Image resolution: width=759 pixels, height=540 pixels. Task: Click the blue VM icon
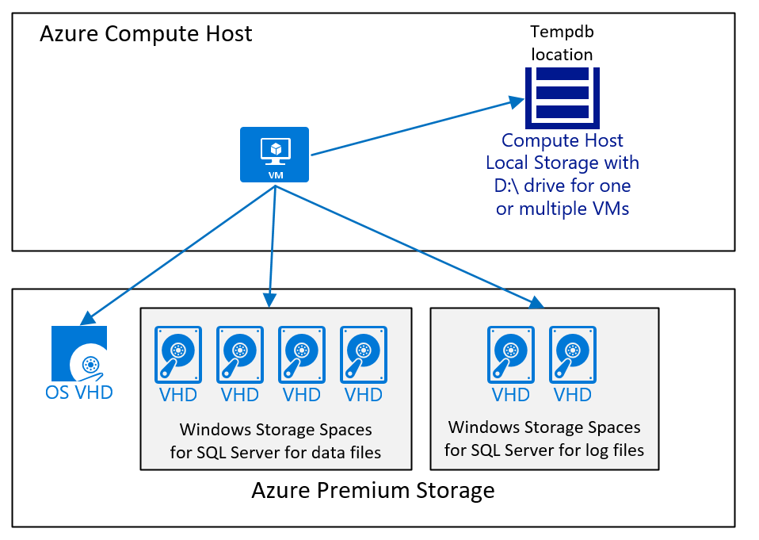pyautogui.click(x=275, y=154)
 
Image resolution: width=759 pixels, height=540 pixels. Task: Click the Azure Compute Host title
pyautogui.click(x=146, y=34)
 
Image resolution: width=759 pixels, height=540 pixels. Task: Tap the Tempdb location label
pyautogui.click(x=562, y=44)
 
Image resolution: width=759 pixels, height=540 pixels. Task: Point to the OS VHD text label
pyautogui.click(x=78, y=391)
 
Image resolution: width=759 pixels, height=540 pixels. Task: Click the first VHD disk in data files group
pyautogui.click(x=177, y=354)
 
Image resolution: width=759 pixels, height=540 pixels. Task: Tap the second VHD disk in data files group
pyautogui.click(x=239, y=354)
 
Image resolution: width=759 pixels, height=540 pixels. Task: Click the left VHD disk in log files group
pyautogui.click(x=510, y=354)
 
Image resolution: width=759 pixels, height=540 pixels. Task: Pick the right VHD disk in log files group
pyautogui.click(x=572, y=354)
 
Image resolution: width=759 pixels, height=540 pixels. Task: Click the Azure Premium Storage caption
pyautogui.click(x=372, y=490)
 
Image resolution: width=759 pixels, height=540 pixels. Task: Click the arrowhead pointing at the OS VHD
pyautogui.click(x=86, y=319)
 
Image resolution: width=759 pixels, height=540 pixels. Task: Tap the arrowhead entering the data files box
pyautogui.click(x=269, y=301)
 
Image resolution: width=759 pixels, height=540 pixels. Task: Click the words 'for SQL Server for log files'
pyautogui.click(x=544, y=450)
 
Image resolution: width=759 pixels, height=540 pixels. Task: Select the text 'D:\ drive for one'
pyautogui.click(x=562, y=186)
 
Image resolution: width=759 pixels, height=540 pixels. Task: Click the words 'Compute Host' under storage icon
pyautogui.click(x=562, y=141)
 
